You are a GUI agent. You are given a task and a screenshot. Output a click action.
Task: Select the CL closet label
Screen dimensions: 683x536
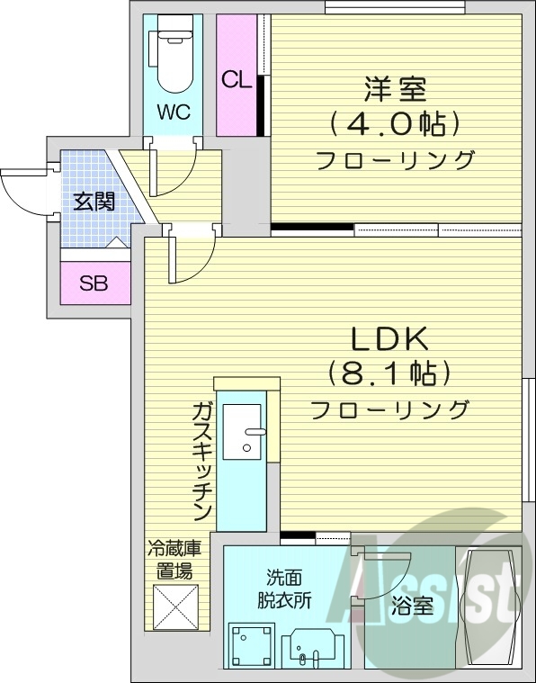(236, 79)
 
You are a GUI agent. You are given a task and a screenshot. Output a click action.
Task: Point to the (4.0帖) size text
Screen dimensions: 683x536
(395, 123)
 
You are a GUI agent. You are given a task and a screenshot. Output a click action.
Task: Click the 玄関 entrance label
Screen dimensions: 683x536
(94, 202)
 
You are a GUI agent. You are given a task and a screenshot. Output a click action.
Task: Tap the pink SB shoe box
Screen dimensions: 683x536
(94, 283)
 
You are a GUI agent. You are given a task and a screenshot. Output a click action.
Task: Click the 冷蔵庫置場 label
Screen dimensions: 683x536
(174, 558)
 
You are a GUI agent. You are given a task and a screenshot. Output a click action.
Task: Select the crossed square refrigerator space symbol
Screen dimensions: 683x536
(175, 608)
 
